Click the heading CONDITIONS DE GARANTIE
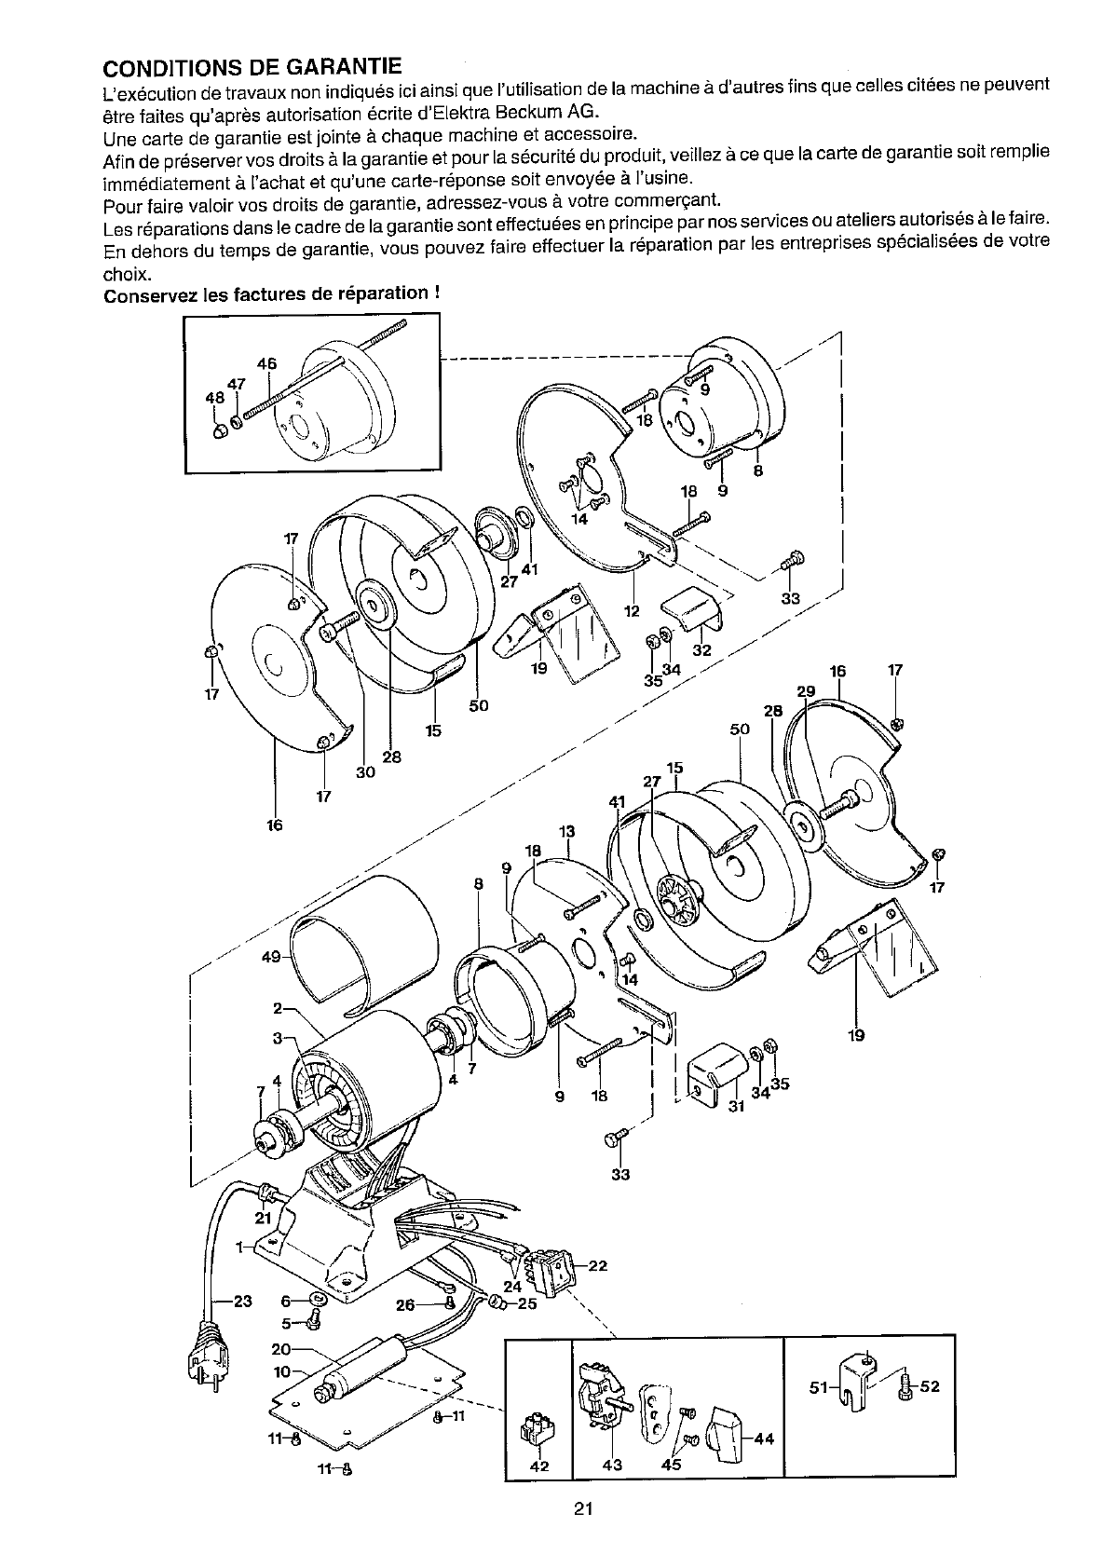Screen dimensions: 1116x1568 click(x=252, y=66)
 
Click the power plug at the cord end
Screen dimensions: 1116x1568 click(x=209, y=1363)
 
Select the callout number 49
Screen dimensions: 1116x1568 click(x=271, y=957)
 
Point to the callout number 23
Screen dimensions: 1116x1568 click(x=243, y=1302)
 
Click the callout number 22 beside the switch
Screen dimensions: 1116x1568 click(x=598, y=1265)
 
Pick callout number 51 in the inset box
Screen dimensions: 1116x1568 click(x=819, y=1386)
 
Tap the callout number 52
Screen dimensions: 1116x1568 click(x=931, y=1386)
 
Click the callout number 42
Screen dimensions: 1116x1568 click(x=539, y=1466)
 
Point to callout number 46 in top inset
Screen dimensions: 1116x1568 click(x=266, y=363)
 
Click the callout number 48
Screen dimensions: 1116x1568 click(x=214, y=398)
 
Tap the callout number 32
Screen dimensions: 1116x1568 click(x=701, y=650)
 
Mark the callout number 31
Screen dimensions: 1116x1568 click(x=737, y=1106)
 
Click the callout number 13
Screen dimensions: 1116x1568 click(x=567, y=832)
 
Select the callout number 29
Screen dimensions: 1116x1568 click(x=807, y=691)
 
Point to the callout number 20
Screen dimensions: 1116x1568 click(x=280, y=1349)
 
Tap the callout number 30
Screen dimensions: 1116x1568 click(x=365, y=772)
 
